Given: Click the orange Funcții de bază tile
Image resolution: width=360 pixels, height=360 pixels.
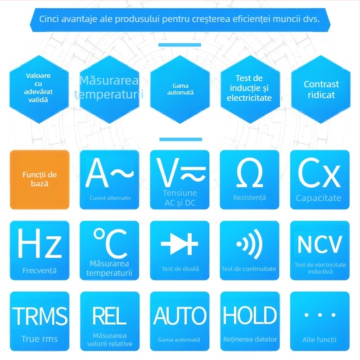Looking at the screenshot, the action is tap(40, 180).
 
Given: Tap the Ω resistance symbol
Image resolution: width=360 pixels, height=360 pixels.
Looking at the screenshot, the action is tap(250, 173).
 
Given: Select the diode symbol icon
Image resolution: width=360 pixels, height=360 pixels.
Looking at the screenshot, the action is tap(179, 244).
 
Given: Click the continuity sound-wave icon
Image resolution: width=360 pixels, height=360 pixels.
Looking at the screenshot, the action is tap(249, 244).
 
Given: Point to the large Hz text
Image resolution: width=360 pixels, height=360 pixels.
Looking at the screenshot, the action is tap(40, 243).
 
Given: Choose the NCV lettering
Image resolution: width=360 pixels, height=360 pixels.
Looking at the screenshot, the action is tap(319, 244).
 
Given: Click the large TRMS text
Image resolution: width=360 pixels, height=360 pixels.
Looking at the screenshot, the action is tap(40, 316).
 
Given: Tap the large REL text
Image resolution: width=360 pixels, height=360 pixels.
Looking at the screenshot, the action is tap(109, 315).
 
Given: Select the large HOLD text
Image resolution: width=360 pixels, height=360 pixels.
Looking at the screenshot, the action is tap(250, 315).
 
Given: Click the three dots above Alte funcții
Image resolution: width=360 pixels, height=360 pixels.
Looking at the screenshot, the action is tap(320, 315).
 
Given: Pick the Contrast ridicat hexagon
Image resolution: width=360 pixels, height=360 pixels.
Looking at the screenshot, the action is tap(321, 89).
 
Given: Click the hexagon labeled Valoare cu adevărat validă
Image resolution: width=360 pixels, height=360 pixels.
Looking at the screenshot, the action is tap(39, 89).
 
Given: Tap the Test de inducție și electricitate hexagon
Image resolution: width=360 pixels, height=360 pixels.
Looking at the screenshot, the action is tap(250, 89).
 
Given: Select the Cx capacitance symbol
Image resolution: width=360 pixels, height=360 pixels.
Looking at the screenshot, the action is tap(319, 173).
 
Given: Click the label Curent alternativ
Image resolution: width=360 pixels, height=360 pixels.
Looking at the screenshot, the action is tap(110, 198).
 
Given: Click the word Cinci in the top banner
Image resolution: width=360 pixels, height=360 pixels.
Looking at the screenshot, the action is tap(49, 19).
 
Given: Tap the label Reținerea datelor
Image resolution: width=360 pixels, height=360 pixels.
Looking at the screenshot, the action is tap(250, 339).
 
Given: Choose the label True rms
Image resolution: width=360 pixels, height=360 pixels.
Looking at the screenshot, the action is tap(40, 339).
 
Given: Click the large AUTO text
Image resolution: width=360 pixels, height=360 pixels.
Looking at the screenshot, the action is tap(180, 316).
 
